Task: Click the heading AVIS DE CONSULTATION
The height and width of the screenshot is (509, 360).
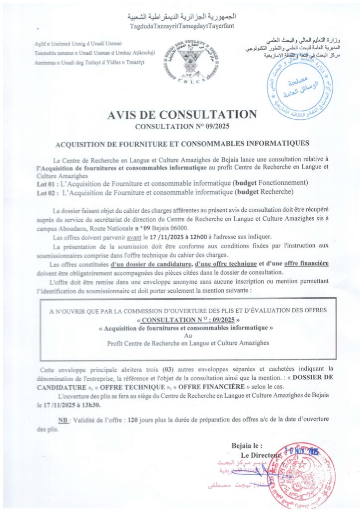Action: pyautogui.click(x=182, y=115)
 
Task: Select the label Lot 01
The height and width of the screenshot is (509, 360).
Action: pyautogui.click(x=47, y=182)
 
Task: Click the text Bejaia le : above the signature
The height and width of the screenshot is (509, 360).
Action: pyautogui.click(x=247, y=446)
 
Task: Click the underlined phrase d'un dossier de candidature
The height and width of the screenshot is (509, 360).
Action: pyautogui.click(x=152, y=263)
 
